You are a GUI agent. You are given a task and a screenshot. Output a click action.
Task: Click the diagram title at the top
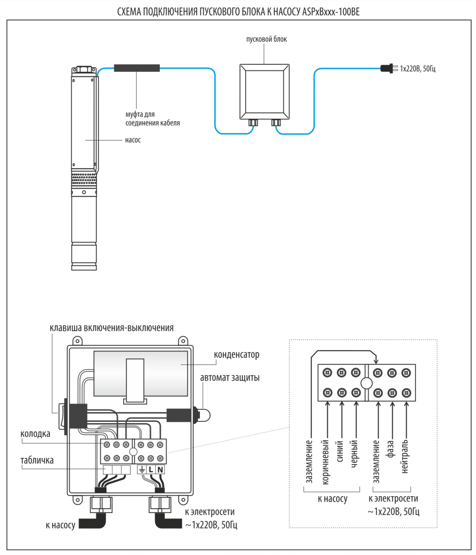coord(238,12)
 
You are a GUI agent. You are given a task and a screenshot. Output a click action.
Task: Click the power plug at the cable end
coord(388,69)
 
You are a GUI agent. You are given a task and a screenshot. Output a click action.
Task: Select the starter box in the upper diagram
coord(265,91)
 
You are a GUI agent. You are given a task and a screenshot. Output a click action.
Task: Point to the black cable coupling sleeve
coord(137,69)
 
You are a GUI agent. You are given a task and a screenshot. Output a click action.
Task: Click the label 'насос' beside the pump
coord(133,140)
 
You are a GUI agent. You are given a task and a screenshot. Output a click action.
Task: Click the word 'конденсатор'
coord(236,355)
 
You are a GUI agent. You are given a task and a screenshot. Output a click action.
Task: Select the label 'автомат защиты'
coord(229,378)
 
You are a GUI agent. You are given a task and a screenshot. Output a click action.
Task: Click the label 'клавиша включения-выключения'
coord(111,328)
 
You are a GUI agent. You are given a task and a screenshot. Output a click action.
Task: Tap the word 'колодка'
coord(36,434)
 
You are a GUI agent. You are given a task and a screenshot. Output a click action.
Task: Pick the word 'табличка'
coord(36,461)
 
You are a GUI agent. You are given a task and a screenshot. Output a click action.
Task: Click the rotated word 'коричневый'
coord(325,462)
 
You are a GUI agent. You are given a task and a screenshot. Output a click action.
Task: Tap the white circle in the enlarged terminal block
coord(367,383)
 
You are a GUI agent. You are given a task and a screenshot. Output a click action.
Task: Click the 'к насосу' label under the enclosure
coord(60,525)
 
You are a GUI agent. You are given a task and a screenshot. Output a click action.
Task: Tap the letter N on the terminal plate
coord(160,469)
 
